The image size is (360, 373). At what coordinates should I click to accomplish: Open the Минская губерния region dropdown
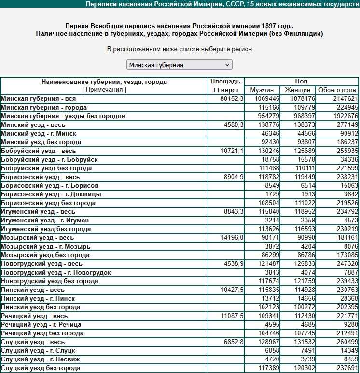coord(179,65)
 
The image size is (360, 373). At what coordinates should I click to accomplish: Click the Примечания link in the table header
coord(104,90)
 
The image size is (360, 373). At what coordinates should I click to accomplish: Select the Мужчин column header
coord(262,90)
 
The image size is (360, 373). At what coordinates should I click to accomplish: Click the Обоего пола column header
coord(337,90)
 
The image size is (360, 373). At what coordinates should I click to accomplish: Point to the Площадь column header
coord(226,82)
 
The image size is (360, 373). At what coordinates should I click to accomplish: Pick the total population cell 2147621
coord(345,99)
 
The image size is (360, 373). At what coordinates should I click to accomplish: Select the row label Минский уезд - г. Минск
coord(39,134)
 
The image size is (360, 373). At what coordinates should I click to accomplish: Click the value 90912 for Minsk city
coord(348,134)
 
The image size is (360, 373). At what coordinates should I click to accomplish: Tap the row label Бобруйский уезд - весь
coord(39,151)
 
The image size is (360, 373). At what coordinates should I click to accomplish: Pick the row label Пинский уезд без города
coord(41,307)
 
